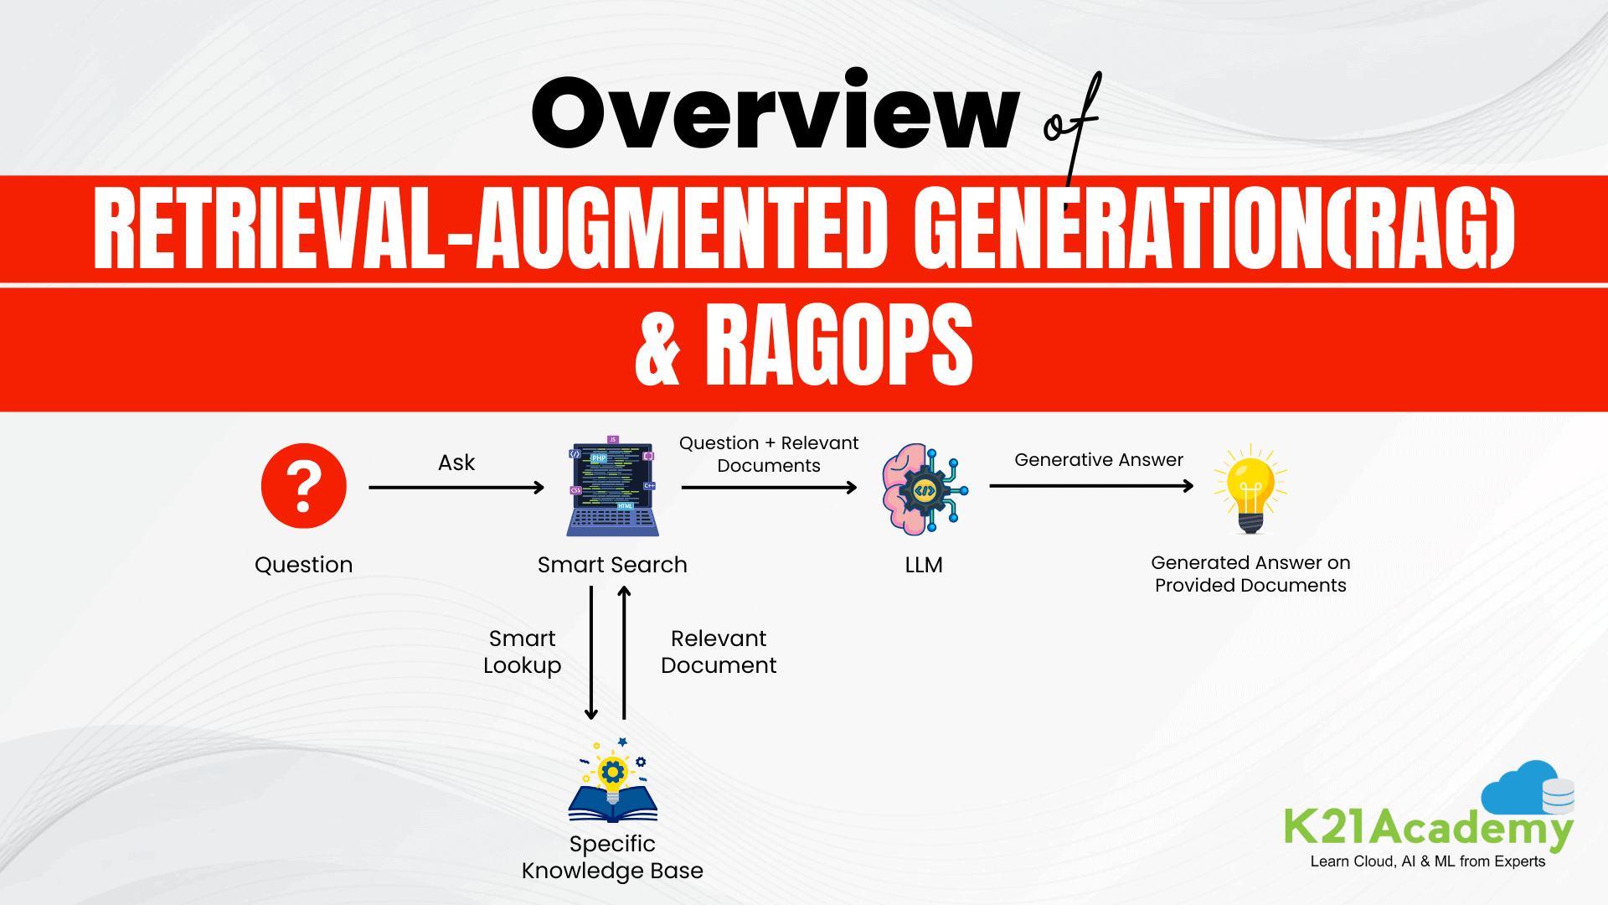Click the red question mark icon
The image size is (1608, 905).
tap(303, 486)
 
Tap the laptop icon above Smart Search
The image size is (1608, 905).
tap(612, 489)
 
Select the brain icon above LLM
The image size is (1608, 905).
tap(924, 489)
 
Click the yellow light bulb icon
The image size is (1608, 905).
tap(1250, 489)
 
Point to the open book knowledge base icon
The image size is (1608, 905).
tap(612, 783)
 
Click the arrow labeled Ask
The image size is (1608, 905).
tap(456, 488)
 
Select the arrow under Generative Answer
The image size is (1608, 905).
tap(1090, 486)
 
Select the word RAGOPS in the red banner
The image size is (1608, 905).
tap(839, 345)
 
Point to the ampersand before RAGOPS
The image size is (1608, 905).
tap(657, 350)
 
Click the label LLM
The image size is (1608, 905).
tap(924, 565)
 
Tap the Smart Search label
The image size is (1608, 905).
tap(612, 565)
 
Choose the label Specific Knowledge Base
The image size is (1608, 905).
tap(612, 856)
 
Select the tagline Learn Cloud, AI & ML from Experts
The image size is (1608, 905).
tap(1427, 861)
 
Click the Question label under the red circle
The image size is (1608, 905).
tap(303, 565)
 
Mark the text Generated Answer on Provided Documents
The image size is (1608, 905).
tap(1250, 574)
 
